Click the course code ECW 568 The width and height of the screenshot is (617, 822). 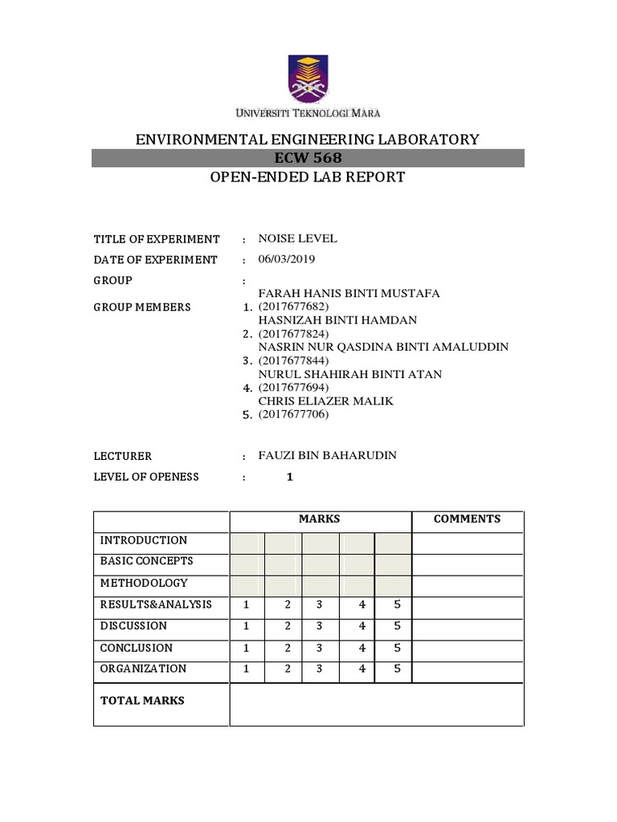click(308, 158)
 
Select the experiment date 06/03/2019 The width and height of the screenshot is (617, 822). click(287, 259)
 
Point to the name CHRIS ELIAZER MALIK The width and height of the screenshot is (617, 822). click(325, 401)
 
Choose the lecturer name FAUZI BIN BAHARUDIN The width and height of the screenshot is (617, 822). click(327, 455)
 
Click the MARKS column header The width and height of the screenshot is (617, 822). click(320, 519)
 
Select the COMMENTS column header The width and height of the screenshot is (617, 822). click(467, 519)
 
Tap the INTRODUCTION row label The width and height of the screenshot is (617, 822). click(144, 540)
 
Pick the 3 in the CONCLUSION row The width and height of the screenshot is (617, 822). click(320, 647)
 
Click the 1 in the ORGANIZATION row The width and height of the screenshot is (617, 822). click(247, 668)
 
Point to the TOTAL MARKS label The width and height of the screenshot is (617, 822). click(142, 700)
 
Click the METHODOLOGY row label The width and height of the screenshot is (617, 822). click(144, 583)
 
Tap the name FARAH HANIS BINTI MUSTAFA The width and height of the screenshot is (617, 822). click(349, 294)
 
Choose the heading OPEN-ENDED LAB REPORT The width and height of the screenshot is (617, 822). click(308, 177)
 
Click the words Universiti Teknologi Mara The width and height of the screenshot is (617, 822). click(308, 112)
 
